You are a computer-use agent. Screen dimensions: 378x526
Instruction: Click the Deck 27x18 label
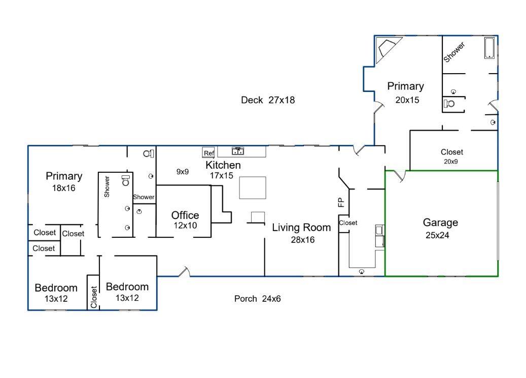coord(267,100)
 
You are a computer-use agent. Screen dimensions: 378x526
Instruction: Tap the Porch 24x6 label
coord(257,299)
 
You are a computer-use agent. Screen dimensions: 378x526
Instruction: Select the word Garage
coord(440,223)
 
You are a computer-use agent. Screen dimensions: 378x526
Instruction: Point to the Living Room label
coord(301,228)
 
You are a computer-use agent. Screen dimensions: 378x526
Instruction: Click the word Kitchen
coord(223,165)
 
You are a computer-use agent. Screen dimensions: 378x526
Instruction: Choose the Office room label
coord(185,215)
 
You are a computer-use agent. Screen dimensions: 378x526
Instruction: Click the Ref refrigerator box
coord(208,153)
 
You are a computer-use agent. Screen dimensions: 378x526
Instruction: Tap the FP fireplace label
coord(341,202)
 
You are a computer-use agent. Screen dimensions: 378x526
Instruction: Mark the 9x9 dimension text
coord(182,172)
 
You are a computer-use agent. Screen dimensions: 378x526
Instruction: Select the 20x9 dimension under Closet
coord(451,162)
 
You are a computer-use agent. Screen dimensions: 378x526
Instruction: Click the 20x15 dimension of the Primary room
coord(407,100)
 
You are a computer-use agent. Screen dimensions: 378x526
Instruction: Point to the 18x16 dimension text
coord(63,187)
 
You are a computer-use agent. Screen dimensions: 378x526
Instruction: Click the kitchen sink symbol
coord(238,151)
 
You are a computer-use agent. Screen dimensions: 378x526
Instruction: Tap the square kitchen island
coord(253,187)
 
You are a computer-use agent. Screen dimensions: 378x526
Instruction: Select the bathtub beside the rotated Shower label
coord(489,48)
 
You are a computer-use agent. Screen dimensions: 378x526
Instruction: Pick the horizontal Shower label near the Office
coord(144,197)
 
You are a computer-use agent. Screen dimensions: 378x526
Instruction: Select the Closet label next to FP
coord(348,223)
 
